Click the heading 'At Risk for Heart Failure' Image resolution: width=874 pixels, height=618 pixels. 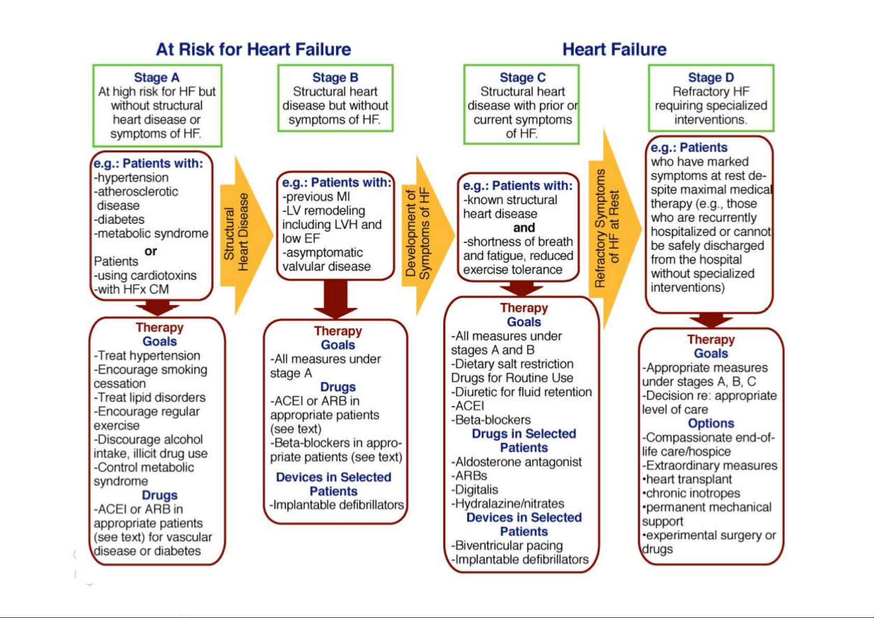coord(254,50)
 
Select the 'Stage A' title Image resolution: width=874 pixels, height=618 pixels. coord(157,77)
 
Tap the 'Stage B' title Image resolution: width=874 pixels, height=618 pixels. coord(335,77)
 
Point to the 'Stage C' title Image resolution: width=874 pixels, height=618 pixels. coord(523,77)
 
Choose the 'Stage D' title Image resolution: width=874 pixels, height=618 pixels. coord(711,77)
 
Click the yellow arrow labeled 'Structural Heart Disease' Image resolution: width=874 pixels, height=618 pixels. coord(246,236)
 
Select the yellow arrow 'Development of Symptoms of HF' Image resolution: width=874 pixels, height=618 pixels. coord(428,235)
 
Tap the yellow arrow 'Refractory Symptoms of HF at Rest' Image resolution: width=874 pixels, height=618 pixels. coord(615,229)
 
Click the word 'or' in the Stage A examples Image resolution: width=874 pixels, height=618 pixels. coord(150,251)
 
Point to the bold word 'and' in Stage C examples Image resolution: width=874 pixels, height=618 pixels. coord(524,227)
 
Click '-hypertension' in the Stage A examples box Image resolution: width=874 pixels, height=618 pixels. coord(131,177)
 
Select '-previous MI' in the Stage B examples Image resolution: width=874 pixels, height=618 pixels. coord(316,196)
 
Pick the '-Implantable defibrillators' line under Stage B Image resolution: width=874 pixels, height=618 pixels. coord(337,505)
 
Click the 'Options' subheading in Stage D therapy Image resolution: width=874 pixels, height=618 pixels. coord(711,423)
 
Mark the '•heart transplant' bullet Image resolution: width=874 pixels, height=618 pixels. coord(687,479)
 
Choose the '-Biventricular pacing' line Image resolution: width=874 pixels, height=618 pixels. coord(507,545)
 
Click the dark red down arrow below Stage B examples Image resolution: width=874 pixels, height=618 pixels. coord(336,299)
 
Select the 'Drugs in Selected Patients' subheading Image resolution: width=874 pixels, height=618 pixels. coord(524,441)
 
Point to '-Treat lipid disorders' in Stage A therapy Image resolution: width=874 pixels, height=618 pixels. coord(149,397)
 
